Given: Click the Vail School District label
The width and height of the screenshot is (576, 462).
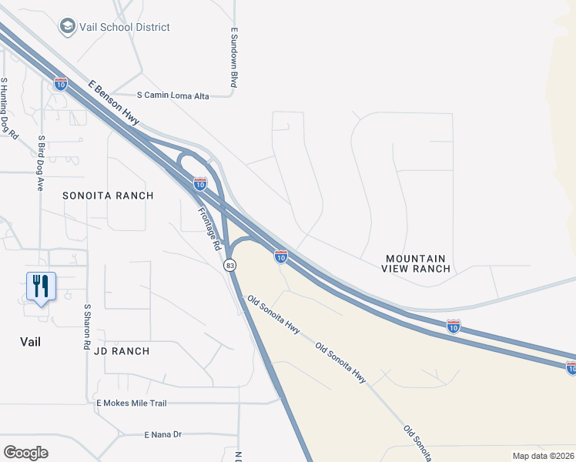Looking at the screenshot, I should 126,27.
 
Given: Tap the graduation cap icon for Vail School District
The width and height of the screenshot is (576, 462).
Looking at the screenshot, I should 68,27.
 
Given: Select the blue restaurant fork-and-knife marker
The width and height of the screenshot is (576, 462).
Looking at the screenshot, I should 41,287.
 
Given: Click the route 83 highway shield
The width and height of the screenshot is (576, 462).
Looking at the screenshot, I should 229,265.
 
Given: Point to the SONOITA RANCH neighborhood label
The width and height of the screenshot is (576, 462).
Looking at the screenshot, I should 109,196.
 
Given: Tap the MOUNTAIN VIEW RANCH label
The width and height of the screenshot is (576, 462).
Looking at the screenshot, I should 416,263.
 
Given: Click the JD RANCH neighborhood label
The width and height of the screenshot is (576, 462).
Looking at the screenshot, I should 122,351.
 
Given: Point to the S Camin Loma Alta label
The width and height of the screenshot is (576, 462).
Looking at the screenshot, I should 172,95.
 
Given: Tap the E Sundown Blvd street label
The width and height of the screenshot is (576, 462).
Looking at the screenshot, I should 233,58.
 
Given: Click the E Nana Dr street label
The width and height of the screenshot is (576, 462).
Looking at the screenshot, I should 162,434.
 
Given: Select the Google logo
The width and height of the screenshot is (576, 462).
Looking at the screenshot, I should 25,453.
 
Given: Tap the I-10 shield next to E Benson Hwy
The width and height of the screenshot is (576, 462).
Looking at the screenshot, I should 61,83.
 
